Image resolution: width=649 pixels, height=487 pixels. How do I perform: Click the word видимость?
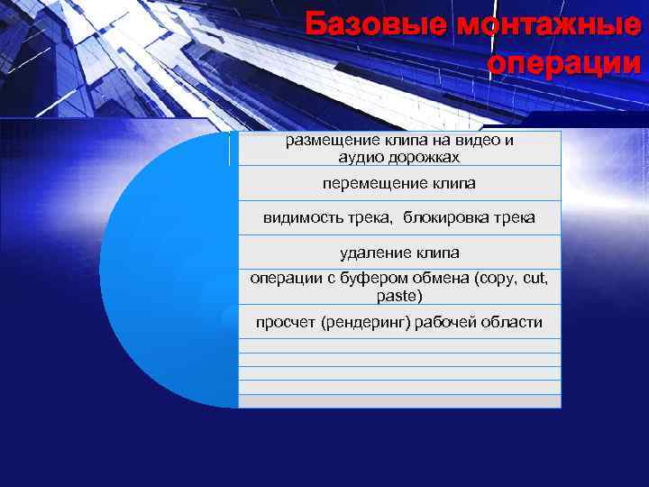click(297, 217)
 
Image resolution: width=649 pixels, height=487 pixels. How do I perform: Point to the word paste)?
click(399, 295)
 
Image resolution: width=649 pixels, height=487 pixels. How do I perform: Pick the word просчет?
click(285, 322)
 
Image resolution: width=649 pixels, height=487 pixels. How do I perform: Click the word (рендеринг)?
click(367, 322)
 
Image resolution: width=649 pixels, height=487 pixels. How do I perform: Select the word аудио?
click(358, 157)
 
